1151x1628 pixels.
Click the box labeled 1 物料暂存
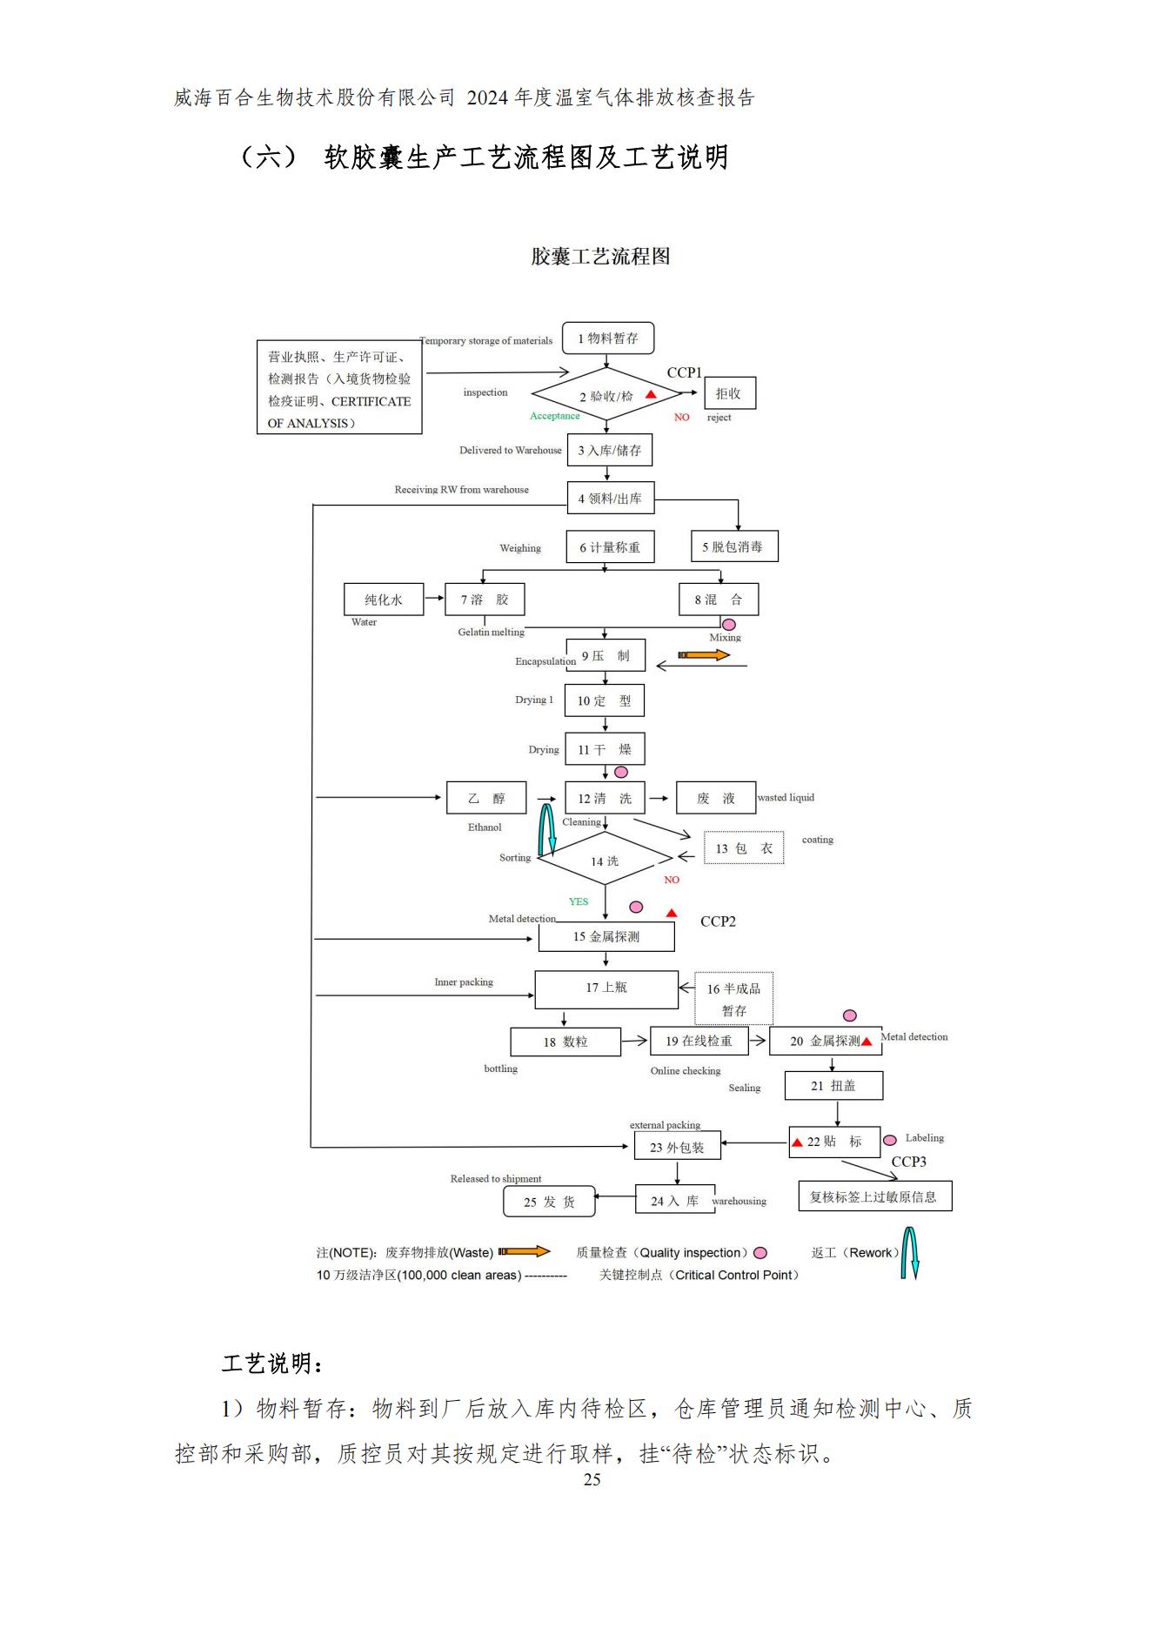click(x=607, y=338)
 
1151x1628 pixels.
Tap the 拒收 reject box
click(x=729, y=393)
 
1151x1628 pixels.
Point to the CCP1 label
click(x=684, y=372)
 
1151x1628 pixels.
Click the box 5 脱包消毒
click(x=733, y=546)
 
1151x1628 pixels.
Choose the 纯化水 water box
click(x=384, y=600)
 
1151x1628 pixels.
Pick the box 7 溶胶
click(x=485, y=600)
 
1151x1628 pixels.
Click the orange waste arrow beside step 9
click(x=703, y=654)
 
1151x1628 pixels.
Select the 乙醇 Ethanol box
click(x=486, y=798)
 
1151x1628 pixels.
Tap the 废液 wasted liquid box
click(x=715, y=798)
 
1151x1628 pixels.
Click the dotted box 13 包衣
click(x=744, y=848)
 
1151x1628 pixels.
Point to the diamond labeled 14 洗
click(x=605, y=861)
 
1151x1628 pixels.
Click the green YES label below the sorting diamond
click(x=579, y=901)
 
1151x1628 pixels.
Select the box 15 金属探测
click(x=606, y=936)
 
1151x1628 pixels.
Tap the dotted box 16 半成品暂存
click(x=733, y=999)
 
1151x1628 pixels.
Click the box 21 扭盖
click(x=833, y=1086)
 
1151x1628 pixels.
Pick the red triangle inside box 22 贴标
click(x=797, y=1142)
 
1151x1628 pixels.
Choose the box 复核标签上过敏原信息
click(x=874, y=1196)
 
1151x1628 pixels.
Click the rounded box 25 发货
click(x=549, y=1202)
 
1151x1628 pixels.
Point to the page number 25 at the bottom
click(x=592, y=1480)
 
